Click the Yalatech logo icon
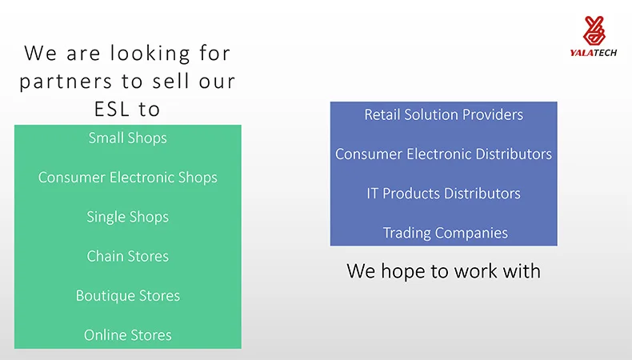coord(594,30)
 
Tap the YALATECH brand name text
coord(594,53)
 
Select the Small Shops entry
coord(128,138)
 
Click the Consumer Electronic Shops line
coord(128,178)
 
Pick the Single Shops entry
coord(128,217)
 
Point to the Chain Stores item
coord(128,256)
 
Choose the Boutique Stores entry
coord(128,296)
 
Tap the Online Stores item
coord(128,335)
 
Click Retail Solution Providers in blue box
coord(444,114)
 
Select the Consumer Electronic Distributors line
coord(444,154)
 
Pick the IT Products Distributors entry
coord(444,194)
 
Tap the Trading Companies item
coord(446,233)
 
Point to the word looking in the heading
coord(150,54)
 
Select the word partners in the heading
coord(66,82)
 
